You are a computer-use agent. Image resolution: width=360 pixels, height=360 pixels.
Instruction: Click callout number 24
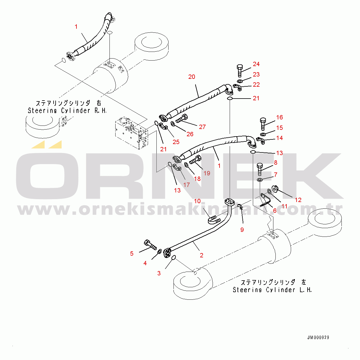pos(256,64)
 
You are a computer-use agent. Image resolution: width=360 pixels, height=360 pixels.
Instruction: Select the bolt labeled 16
pos(263,124)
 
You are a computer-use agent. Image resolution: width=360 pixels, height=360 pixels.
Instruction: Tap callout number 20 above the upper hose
pos(192,77)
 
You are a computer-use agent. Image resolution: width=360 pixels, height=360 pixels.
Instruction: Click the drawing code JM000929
pos(318,337)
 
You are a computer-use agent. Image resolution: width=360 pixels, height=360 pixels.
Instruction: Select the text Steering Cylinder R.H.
pos(67,110)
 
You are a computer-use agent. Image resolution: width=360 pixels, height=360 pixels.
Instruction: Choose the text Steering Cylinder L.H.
pos(272,290)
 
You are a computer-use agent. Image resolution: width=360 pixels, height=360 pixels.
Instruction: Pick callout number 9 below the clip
pos(242,230)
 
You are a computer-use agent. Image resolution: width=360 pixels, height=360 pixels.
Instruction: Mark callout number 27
pos(202,127)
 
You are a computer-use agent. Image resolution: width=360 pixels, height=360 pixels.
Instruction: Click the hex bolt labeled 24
pos(240,70)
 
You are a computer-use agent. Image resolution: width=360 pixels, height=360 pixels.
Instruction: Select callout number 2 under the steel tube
pos(202,255)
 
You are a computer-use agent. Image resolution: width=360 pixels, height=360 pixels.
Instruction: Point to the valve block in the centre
pos(132,133)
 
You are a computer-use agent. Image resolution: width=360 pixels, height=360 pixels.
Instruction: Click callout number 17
pos(187,185)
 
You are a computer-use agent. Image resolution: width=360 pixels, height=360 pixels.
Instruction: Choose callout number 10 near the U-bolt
pos(197,201)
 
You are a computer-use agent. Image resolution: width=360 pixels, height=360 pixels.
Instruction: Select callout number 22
pos(256,85)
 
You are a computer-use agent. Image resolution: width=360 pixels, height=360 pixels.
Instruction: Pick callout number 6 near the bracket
pos(275,211)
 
